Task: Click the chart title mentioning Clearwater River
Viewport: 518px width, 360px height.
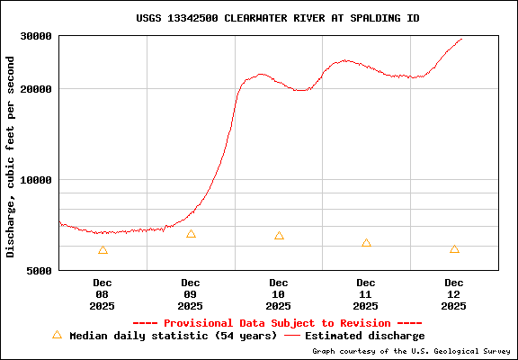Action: click(277, 18)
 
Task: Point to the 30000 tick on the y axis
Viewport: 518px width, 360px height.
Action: click(37, 36)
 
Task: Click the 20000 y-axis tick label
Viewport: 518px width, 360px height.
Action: click(37, 89)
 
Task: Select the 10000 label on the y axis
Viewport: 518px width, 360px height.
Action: click(37, 179)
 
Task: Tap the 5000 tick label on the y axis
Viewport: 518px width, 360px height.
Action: click(40, 269)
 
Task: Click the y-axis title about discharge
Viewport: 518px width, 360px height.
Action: click(11, 157)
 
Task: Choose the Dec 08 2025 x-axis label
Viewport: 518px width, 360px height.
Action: click(103, 293)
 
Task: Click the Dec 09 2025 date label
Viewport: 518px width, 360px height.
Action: click(191, 293)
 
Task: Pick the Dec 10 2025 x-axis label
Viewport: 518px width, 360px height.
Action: click(279, 293)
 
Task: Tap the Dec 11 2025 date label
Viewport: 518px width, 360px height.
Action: click(366, 293)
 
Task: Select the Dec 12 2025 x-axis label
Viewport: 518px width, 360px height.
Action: click(454, 293)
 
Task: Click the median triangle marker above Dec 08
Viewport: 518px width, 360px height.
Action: click(103, 250)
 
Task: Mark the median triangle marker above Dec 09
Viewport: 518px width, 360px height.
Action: click(191, 234)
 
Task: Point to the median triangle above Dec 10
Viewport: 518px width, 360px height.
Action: click(279, 236)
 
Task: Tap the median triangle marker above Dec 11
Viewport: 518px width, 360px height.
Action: click(366, 243)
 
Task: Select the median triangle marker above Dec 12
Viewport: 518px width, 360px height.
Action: click(454, 249)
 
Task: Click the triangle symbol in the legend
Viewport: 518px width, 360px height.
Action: click(57, 335)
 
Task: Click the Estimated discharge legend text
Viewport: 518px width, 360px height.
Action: click(365, 336)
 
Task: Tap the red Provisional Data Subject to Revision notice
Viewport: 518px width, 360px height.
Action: click(277, 323)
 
